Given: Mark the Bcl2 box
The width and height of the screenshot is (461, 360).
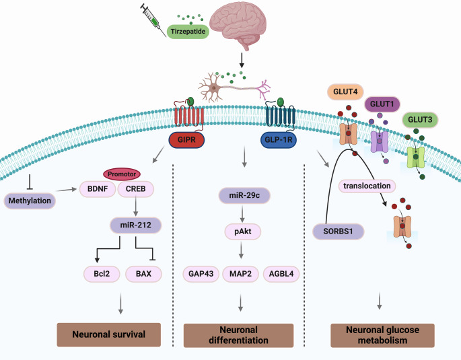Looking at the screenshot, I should (x=102, y=273).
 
